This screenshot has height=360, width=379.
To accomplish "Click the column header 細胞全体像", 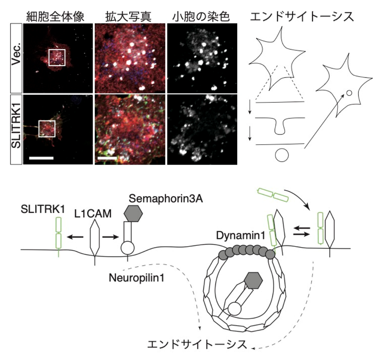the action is click(56, 17).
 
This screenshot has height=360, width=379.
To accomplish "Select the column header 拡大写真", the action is click(128, 17).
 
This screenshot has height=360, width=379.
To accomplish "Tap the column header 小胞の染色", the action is click(201, 17).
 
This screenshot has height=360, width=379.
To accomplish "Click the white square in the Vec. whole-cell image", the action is click(57, 57).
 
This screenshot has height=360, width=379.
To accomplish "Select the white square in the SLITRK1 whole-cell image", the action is click(47, 129).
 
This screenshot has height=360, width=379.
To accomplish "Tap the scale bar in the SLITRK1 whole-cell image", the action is click(41, 158).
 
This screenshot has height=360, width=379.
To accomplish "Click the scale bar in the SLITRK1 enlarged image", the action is click(108, 158).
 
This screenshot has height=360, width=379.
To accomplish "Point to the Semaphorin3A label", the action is click(166, 199).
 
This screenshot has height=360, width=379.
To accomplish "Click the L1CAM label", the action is click(93, 214).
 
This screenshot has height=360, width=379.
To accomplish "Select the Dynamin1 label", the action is click(241, 235).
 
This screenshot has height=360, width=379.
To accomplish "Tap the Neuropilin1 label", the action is click(136, 278).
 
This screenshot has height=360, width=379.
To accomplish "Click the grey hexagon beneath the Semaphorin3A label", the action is click(133, 214).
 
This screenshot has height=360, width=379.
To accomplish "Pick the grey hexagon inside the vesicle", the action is click(253, 281).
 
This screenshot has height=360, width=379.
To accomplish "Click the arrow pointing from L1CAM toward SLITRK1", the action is click(75, 237).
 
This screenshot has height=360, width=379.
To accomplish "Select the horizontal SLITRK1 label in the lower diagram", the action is click(43, 209).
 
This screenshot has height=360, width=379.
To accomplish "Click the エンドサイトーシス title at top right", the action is click(302, 17).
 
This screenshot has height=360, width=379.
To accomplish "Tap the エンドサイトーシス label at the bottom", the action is click(197, 345).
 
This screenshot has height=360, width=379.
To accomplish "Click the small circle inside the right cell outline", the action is click(349, 93).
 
